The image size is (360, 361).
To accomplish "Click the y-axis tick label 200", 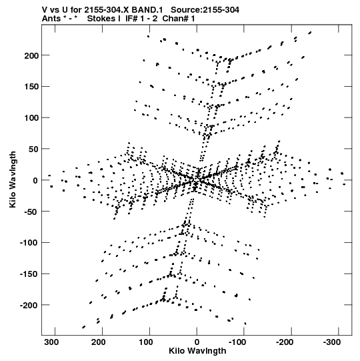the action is (x=31, y=55).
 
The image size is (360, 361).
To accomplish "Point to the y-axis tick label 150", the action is (x=31, y=87).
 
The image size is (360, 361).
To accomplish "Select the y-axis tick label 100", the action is (x=31, y=118).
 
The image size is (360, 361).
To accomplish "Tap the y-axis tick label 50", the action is (x=33, y=149).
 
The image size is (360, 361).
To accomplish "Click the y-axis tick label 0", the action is (x=35, y=180).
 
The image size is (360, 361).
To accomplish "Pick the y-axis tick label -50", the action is (x=31, y=212).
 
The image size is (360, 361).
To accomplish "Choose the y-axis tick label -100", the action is (x=29, y=243).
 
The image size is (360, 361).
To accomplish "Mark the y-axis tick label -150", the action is (x=29, y=274).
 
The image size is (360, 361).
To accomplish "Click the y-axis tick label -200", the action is (x=29, y=306).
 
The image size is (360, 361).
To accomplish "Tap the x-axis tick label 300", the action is (x=51, y=342).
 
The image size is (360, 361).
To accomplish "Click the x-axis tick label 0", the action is (x=197, y=342).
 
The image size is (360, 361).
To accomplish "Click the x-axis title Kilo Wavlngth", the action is (x=197, y=351).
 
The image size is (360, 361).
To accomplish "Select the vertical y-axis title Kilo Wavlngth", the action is (x=13, y=179).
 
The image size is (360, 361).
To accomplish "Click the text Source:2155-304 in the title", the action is (x=205, y=10).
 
